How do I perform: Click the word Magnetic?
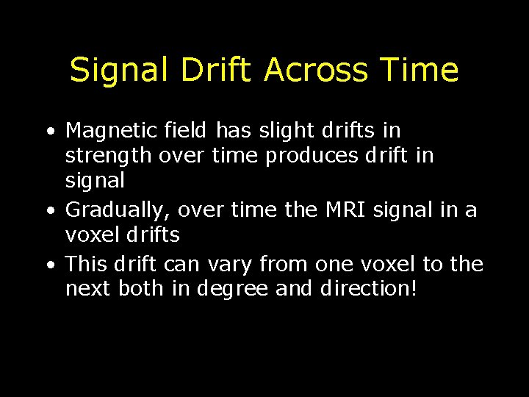coord(109,131)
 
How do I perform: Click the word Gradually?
coord(112,211)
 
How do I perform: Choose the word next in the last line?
coord(87,290)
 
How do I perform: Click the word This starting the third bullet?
coord(87,263)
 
